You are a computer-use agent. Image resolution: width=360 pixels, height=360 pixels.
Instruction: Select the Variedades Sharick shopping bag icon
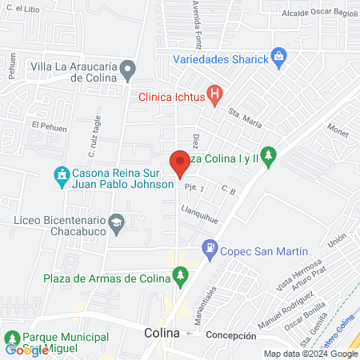(x=278, y=57)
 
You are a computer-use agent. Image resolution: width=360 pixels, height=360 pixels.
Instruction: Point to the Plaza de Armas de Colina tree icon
(x=180, y=277)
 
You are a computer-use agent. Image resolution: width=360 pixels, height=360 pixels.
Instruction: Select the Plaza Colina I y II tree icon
(x=270, y=155)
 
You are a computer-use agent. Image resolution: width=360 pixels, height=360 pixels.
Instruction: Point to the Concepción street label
(x=229, y=335)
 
